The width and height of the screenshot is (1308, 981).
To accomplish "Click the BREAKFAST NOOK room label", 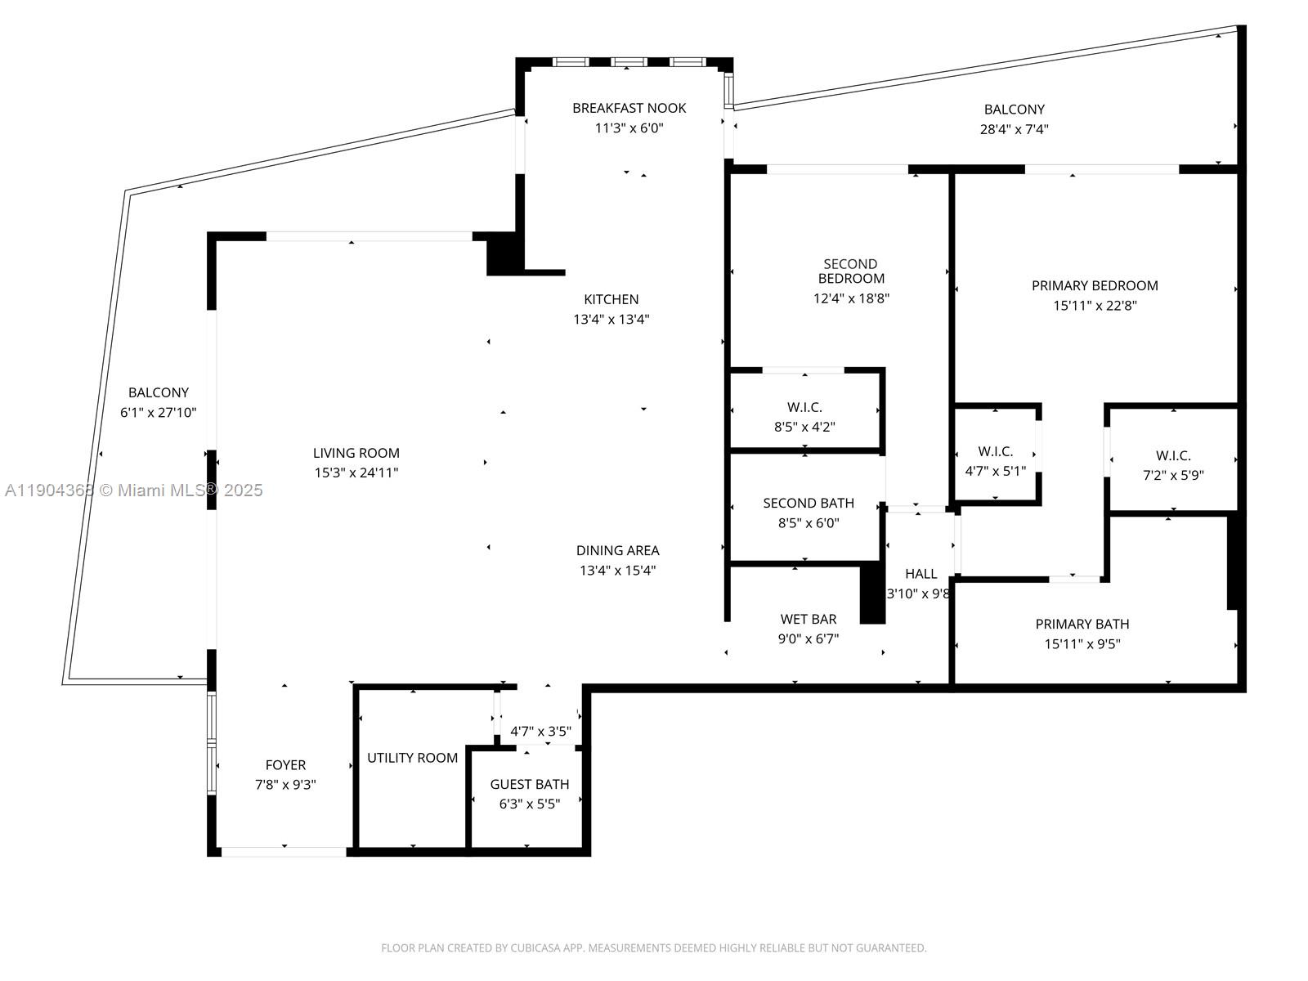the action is click(x=629, y=108).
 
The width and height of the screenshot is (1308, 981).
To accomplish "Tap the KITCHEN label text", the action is click(x=611, y=299).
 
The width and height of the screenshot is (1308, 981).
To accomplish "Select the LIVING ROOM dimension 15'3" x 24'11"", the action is click(x=356, y=473).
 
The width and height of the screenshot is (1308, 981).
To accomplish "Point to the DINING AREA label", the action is click(x=617, y=550).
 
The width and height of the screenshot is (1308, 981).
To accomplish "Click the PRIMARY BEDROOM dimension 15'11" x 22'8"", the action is click(x=1095, y=306).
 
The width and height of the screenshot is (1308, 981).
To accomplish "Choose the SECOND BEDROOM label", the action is click(x=850, y=271).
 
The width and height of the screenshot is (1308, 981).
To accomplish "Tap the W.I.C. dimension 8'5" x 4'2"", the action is click(x=804, y=427).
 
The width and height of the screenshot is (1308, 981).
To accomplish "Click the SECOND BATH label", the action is click(x=809, y=504).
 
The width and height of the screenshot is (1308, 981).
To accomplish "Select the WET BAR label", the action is click(x=808, y=619).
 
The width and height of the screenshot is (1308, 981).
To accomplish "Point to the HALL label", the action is click(x=921, y=574).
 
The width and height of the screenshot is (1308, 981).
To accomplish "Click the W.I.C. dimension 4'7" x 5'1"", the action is click(x=995, y=471).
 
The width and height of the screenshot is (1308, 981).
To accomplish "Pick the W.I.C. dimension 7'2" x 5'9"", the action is click(x=1173, y=475).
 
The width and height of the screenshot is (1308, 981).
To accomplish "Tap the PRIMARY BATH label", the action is click(x=1082, y=625).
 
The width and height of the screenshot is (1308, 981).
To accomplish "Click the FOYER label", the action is click(x=285, y=765).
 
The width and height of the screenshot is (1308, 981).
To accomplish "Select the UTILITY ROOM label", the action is click(x=412, y=758).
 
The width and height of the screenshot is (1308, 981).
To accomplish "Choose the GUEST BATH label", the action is click(x=529, y=785).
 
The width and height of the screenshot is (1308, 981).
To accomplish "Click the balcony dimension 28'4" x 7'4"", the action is click(x=1014, y=129).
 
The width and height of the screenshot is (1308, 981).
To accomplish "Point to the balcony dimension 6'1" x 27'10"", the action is click(x=158, y=412).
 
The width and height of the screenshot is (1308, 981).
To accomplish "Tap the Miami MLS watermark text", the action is click(x=133, y=490).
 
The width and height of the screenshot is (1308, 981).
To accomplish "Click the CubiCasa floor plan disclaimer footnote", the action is click(x=654, y=947).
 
